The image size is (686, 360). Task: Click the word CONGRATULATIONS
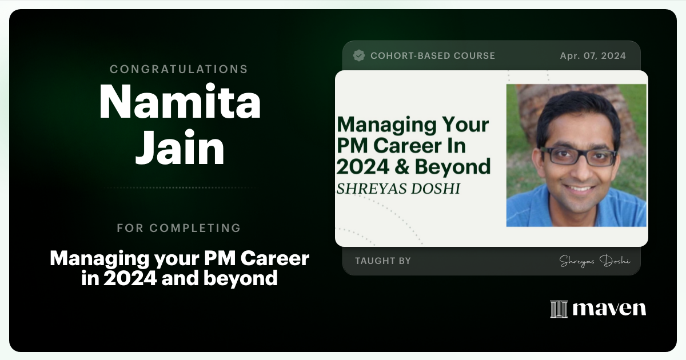pos(178,69)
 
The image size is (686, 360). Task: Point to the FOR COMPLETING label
pos(178,228)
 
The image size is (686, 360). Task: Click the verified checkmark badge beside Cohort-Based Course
pos(359,55)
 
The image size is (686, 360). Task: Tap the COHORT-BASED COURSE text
pos(433,55)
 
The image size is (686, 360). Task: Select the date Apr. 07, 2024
pos(593,55)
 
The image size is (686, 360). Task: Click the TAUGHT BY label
pos(382,261)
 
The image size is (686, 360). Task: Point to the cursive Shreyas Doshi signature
pos(595,261)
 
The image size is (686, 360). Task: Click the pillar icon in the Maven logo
pos(559,309)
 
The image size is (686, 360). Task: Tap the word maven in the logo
pos(609,309)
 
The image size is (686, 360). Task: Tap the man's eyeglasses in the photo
pos(578,156)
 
